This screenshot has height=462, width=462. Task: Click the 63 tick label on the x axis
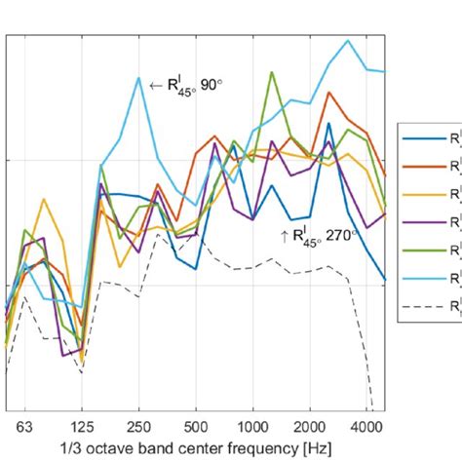(x=25, y=426)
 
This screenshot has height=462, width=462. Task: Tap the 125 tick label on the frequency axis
(x=82, y=426)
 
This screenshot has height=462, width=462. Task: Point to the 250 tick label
(x=138, y=426)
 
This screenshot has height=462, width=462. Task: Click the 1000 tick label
(x=253, y=426)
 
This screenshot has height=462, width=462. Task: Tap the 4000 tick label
(x=366, y=426)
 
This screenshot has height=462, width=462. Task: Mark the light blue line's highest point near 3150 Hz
(x=348, y=41)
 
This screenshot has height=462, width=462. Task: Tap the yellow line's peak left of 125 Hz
(x=43, y=200)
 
